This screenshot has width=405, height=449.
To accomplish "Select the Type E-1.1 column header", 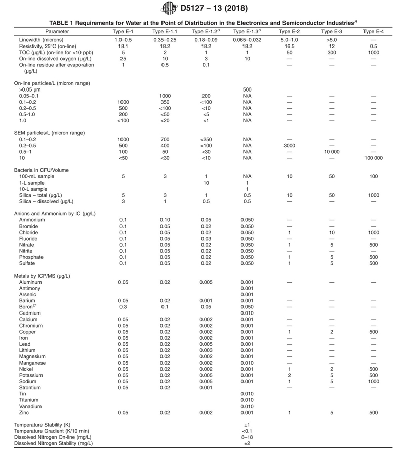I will point(165,32).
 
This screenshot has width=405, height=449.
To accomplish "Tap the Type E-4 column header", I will point(373,32).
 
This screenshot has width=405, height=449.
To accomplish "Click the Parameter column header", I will point(57,32).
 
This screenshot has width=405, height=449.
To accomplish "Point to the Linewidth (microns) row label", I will point(43,39).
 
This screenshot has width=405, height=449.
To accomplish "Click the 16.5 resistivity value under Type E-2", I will point(289,46).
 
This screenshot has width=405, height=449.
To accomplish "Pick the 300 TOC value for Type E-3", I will point(331,52).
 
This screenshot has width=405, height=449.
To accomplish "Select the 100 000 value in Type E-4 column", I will point(373,158).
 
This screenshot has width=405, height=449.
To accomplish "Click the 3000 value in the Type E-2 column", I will point(289,145).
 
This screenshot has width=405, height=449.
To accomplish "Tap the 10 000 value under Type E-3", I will point(331,152).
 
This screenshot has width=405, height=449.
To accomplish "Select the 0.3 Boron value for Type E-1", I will point(123,307).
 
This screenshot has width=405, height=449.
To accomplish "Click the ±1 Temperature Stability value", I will point(248,424).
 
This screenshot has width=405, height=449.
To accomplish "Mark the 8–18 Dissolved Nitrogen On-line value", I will point(248,437).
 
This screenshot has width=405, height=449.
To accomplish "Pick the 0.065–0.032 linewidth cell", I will point(248,39).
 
